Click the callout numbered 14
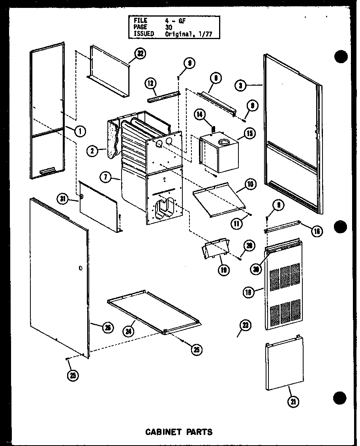200,115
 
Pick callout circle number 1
80,131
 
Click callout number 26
107,327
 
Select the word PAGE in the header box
140,27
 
